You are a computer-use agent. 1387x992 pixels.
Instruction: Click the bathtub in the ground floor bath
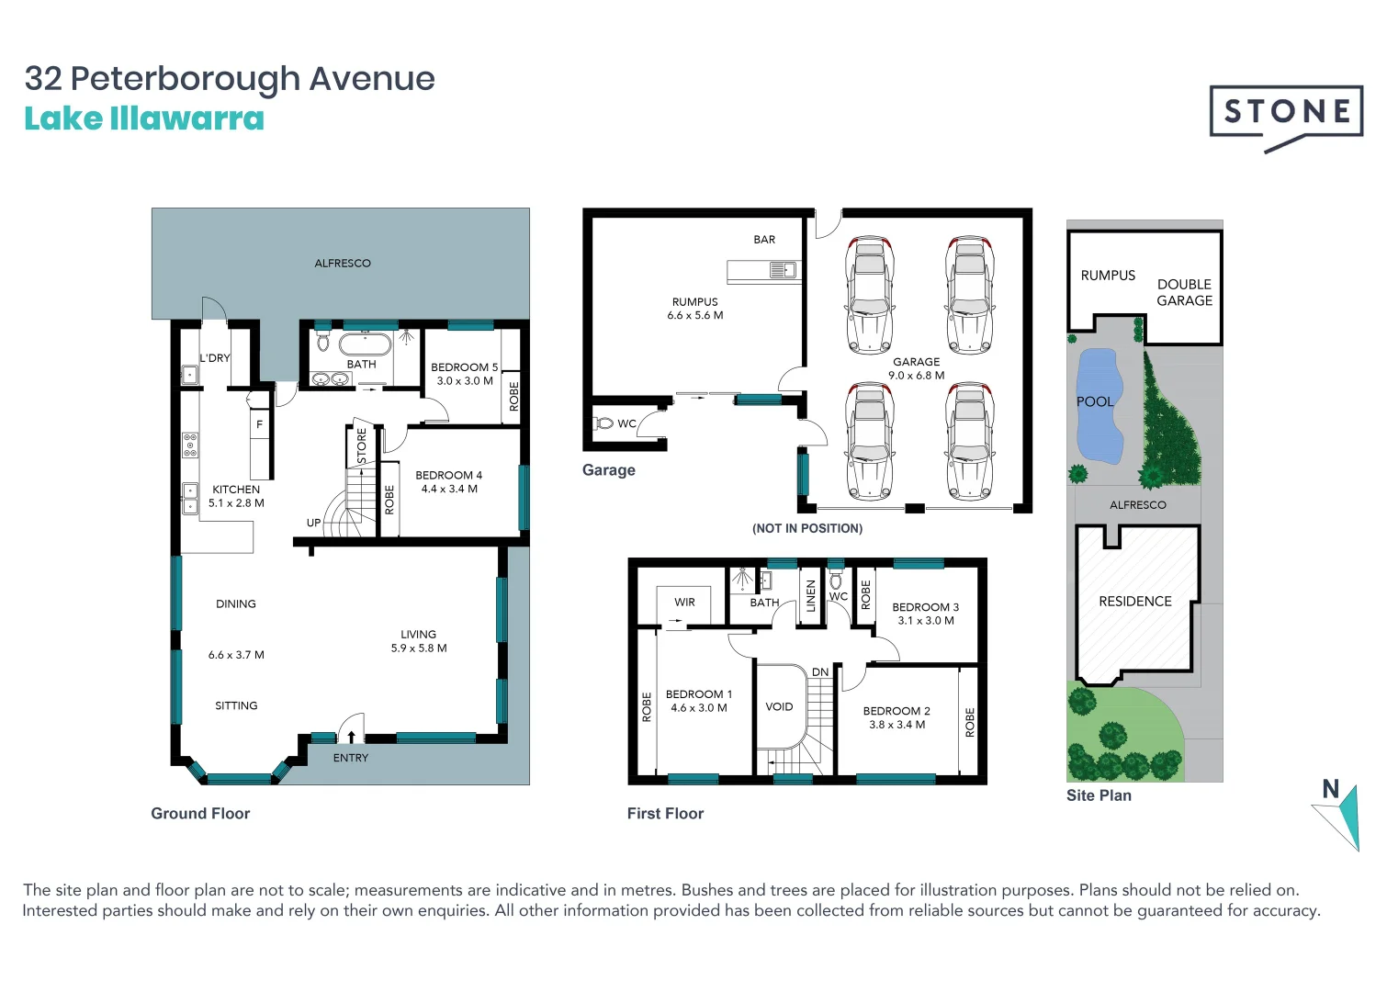(x=366, y=345)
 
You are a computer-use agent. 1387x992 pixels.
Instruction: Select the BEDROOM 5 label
(x=464, y=367)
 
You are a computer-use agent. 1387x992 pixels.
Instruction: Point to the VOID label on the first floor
(x=779, y=706)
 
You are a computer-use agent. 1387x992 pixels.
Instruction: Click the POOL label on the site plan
(x=1094, y=401)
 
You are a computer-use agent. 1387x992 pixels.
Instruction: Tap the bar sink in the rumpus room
(x=783, y=270)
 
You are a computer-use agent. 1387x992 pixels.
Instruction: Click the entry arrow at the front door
(x=351, y=736)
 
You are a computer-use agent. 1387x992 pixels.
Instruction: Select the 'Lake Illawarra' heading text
(x=144, y=119)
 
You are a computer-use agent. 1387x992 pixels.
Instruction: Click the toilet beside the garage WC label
(x=603, y=423)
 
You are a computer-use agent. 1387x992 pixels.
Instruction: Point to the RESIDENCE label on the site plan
(x=1134, y=602)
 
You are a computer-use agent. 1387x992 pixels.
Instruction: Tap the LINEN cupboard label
(x=810, y=596)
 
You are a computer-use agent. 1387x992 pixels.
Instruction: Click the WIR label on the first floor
(x=684, y=603)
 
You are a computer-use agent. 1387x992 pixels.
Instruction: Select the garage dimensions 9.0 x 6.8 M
(x=916, y=376)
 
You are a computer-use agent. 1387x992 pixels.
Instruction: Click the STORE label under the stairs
(x=362, y=445)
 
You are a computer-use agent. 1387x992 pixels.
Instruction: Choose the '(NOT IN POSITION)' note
(x=806, y=528)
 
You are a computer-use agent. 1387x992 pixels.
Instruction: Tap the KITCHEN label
(x=236, y=490)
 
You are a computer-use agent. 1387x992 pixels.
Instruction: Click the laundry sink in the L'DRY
(x=189, y=375)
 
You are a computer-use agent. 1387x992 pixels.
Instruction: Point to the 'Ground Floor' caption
(x=200, y=814)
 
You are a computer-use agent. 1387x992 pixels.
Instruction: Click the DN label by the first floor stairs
(x=819, y=672)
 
